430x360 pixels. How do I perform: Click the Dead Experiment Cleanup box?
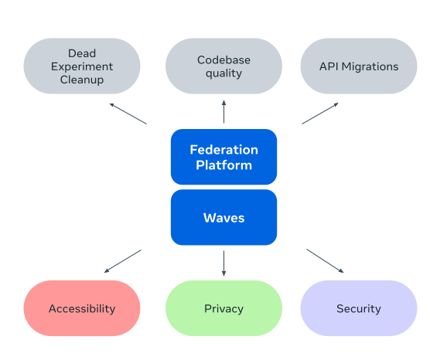click(x=82, y=66)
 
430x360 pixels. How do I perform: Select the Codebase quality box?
click(x=224, y=66)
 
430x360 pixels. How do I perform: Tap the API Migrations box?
click(x=358, y=66)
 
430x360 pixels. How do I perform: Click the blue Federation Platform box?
click(x=224, y=157)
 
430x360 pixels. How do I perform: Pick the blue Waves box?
click(x=224, y=218)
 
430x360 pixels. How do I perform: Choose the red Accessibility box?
click(x=82, y=308)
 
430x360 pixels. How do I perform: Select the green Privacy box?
click(x=224, y=308)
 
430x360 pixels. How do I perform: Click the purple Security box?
click(x=358, y=308)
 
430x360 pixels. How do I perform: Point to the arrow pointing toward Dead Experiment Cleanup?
click(x=128, y=113)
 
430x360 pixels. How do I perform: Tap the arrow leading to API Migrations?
click(x=320, y=113)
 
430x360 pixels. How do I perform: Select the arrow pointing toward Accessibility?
click(x=123, y=261)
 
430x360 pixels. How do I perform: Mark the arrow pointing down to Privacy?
click(x=224, y=263)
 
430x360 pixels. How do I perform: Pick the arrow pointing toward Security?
click(x=325, y=261)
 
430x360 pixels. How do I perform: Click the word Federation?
click(x=224, y=149)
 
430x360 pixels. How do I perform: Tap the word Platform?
click(x=224, y=165)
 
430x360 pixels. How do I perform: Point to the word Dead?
click(x=82, y=53)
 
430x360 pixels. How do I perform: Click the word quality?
click(x=224, y=73)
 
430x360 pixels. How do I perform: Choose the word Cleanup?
click(x=82, y=80)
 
